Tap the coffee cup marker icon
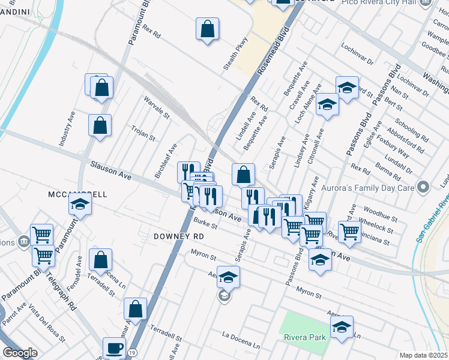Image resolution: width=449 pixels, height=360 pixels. point(114,347)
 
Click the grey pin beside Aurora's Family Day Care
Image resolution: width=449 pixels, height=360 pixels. point(424,187)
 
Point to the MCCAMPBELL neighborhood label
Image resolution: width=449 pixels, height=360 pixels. point(77,194)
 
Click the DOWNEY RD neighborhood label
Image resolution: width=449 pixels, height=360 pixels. point(178,236)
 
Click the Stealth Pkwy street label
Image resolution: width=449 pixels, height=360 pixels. point(235,54)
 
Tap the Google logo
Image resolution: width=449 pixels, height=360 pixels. point(20,353)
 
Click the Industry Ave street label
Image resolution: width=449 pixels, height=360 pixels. point(66,131)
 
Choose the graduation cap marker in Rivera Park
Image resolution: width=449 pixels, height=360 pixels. point(342,327)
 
